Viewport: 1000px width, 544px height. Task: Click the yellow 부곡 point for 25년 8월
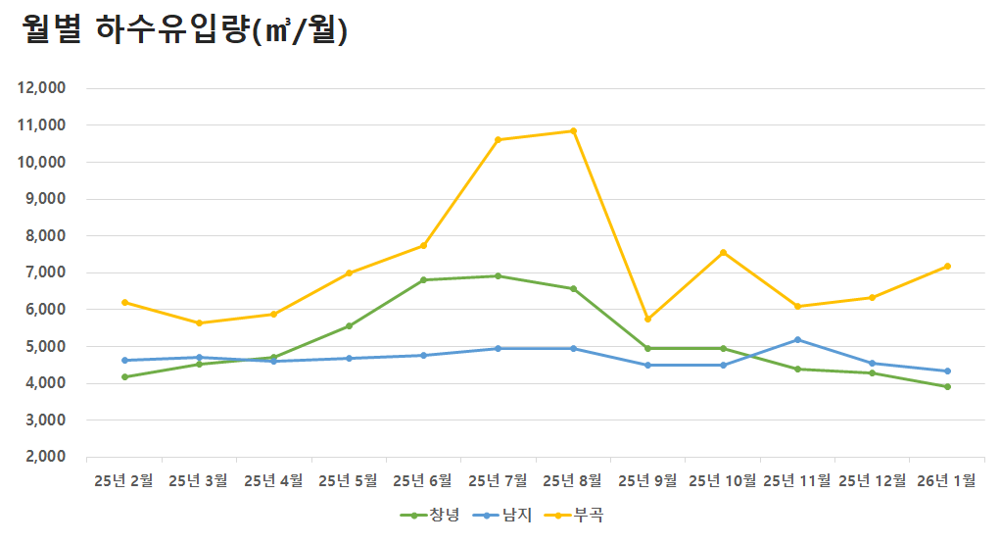click(x=573, y=131)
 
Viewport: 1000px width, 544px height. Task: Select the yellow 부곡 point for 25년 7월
click(x=498, y=140)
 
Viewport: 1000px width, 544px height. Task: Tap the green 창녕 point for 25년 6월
click(x=423, y=280)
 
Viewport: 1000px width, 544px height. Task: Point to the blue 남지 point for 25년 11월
click(x=797, y=340)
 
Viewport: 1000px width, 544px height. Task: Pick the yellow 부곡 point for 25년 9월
click(x=647, y=319)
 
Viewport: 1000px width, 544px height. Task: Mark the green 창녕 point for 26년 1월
click(x=947, y=386)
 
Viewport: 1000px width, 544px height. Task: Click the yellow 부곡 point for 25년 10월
click(x=723, y=253)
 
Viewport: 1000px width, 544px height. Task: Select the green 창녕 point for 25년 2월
click(x=124, y=376)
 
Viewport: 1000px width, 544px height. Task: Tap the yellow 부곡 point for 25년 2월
click(x=124, y=302)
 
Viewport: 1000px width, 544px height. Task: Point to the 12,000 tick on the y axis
click(x=42, y=88)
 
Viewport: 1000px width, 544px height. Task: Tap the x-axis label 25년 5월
click(x=348, y=480)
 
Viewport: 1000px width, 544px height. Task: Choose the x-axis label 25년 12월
click(x=873, y=480)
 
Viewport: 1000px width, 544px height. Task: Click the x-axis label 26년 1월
click(x=947, y=480)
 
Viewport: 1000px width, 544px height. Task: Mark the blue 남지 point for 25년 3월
click(x=199, y=358)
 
